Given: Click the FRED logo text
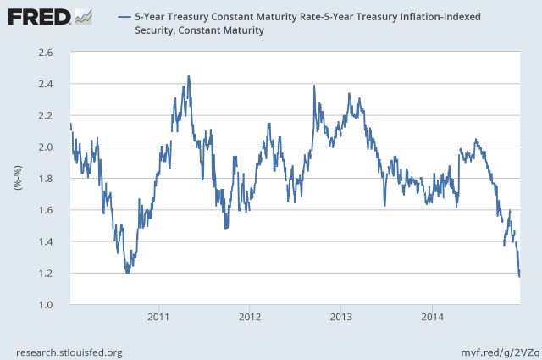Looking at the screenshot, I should (38, 16).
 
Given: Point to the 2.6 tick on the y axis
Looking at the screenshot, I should (47, 53).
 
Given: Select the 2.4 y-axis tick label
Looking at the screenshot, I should (47, 84).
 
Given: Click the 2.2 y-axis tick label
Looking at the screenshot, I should (47, 115).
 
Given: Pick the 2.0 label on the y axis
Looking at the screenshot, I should (47, 147).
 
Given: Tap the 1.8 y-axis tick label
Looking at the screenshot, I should (47, 179).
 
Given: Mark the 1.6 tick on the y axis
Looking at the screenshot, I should (47, 210).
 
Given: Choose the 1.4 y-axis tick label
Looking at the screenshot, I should (47, 241).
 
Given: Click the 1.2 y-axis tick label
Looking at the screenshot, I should (47, 274).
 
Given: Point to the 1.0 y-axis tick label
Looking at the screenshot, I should (47, 305).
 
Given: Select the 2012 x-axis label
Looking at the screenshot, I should (249, 317).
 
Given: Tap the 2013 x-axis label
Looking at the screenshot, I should (340, 317).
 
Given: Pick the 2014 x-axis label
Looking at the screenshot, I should (432, 317).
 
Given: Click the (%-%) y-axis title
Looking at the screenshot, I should (16, 179).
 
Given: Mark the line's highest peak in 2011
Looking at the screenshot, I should (188, 76).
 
